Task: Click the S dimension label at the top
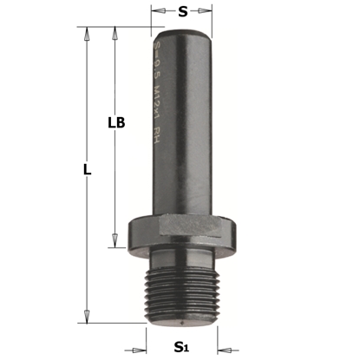182,11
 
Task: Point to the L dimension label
87,171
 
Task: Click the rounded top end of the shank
181,31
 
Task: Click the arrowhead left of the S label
157,11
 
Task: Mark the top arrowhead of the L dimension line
86,32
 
